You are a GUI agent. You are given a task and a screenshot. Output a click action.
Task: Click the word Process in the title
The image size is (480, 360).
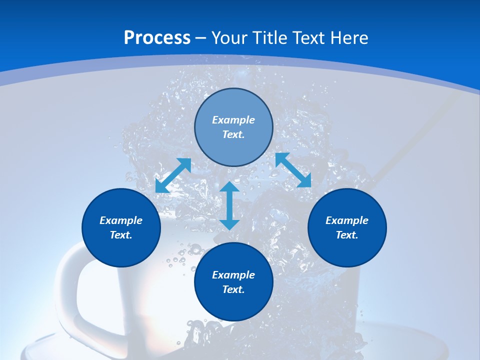click(x=157, y=38)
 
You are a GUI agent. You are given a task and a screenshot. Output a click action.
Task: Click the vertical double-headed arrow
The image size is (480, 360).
click(x=229, y=205)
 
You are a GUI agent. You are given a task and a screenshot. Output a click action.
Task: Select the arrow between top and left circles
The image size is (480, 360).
click(x=173, y=175)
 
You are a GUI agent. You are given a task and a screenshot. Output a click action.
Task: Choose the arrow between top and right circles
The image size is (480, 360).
click(x=293, y=170)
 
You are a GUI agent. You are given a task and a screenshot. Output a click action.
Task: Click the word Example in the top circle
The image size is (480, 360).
click(x=233, y=120)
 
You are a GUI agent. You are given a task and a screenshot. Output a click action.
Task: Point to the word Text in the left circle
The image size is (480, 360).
click(x=121, y=235)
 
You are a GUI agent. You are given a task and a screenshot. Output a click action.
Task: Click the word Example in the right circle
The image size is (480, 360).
click(x=347, y=220)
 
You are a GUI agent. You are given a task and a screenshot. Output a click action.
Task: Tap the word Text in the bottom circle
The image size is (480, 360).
click(x=233, y=289)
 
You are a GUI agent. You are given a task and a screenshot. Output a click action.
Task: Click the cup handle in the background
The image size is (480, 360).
click(x=70, y=290)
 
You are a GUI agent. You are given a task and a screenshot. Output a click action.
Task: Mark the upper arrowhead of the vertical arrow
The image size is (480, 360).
click(x=229, y=188)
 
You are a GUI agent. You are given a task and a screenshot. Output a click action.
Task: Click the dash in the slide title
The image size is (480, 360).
click(x=201, y=38)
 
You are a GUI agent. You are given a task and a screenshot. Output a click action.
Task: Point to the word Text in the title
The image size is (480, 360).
click(x=306, y=38)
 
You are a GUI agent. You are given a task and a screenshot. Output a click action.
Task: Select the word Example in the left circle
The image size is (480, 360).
click(x=121, y=220)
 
